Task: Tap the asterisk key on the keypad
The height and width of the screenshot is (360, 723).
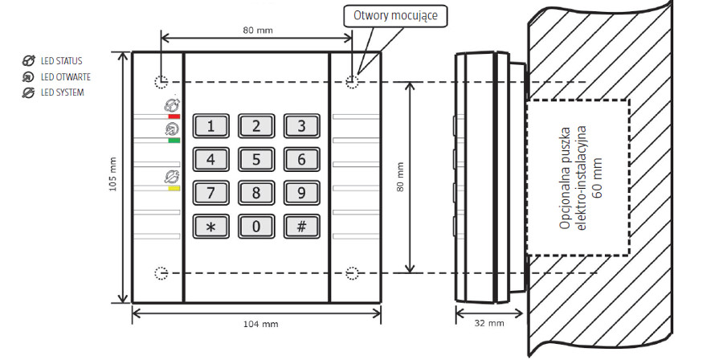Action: tap(210, 226)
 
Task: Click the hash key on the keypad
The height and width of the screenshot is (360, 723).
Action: tap(301, 226)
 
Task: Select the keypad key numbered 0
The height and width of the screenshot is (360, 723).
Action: tap(256, 226)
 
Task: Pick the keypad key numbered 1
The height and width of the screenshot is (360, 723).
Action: tap(210, 125)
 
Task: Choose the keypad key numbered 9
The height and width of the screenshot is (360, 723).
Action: tap(301, 193)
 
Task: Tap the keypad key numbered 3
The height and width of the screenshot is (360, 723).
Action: tap(301, 125)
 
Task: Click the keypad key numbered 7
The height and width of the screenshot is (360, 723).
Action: tap(210, 193)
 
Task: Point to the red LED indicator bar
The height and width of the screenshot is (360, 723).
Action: tap(174, 117)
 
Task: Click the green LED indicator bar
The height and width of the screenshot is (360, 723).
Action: tap(174, 141)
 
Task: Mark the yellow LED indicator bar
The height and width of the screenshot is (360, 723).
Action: tap(174, 190)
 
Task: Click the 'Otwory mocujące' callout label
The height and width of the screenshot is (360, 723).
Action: tap(395, 15)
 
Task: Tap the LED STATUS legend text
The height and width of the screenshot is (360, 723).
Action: tap(62, 60)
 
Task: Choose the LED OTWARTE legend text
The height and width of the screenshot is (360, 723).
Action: tap(65, 76)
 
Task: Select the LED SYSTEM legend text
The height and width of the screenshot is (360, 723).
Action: tap(62, 92)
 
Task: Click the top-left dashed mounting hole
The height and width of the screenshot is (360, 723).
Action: tap(161, 82)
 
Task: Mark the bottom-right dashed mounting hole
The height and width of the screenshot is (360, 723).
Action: tap(352, 273)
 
